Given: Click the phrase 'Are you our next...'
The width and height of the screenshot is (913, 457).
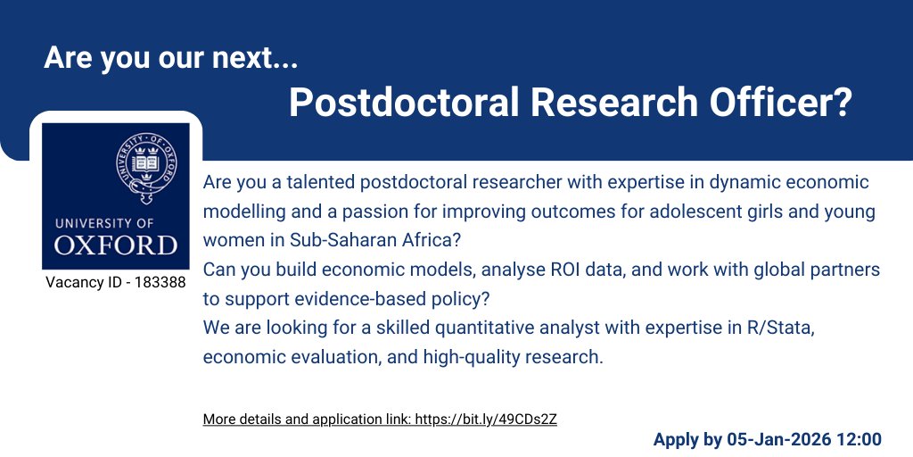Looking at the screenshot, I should (170, 59).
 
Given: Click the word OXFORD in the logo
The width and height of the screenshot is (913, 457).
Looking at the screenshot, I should (116, 245).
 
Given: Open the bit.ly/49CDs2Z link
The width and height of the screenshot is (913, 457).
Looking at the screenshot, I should (486, 419).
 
